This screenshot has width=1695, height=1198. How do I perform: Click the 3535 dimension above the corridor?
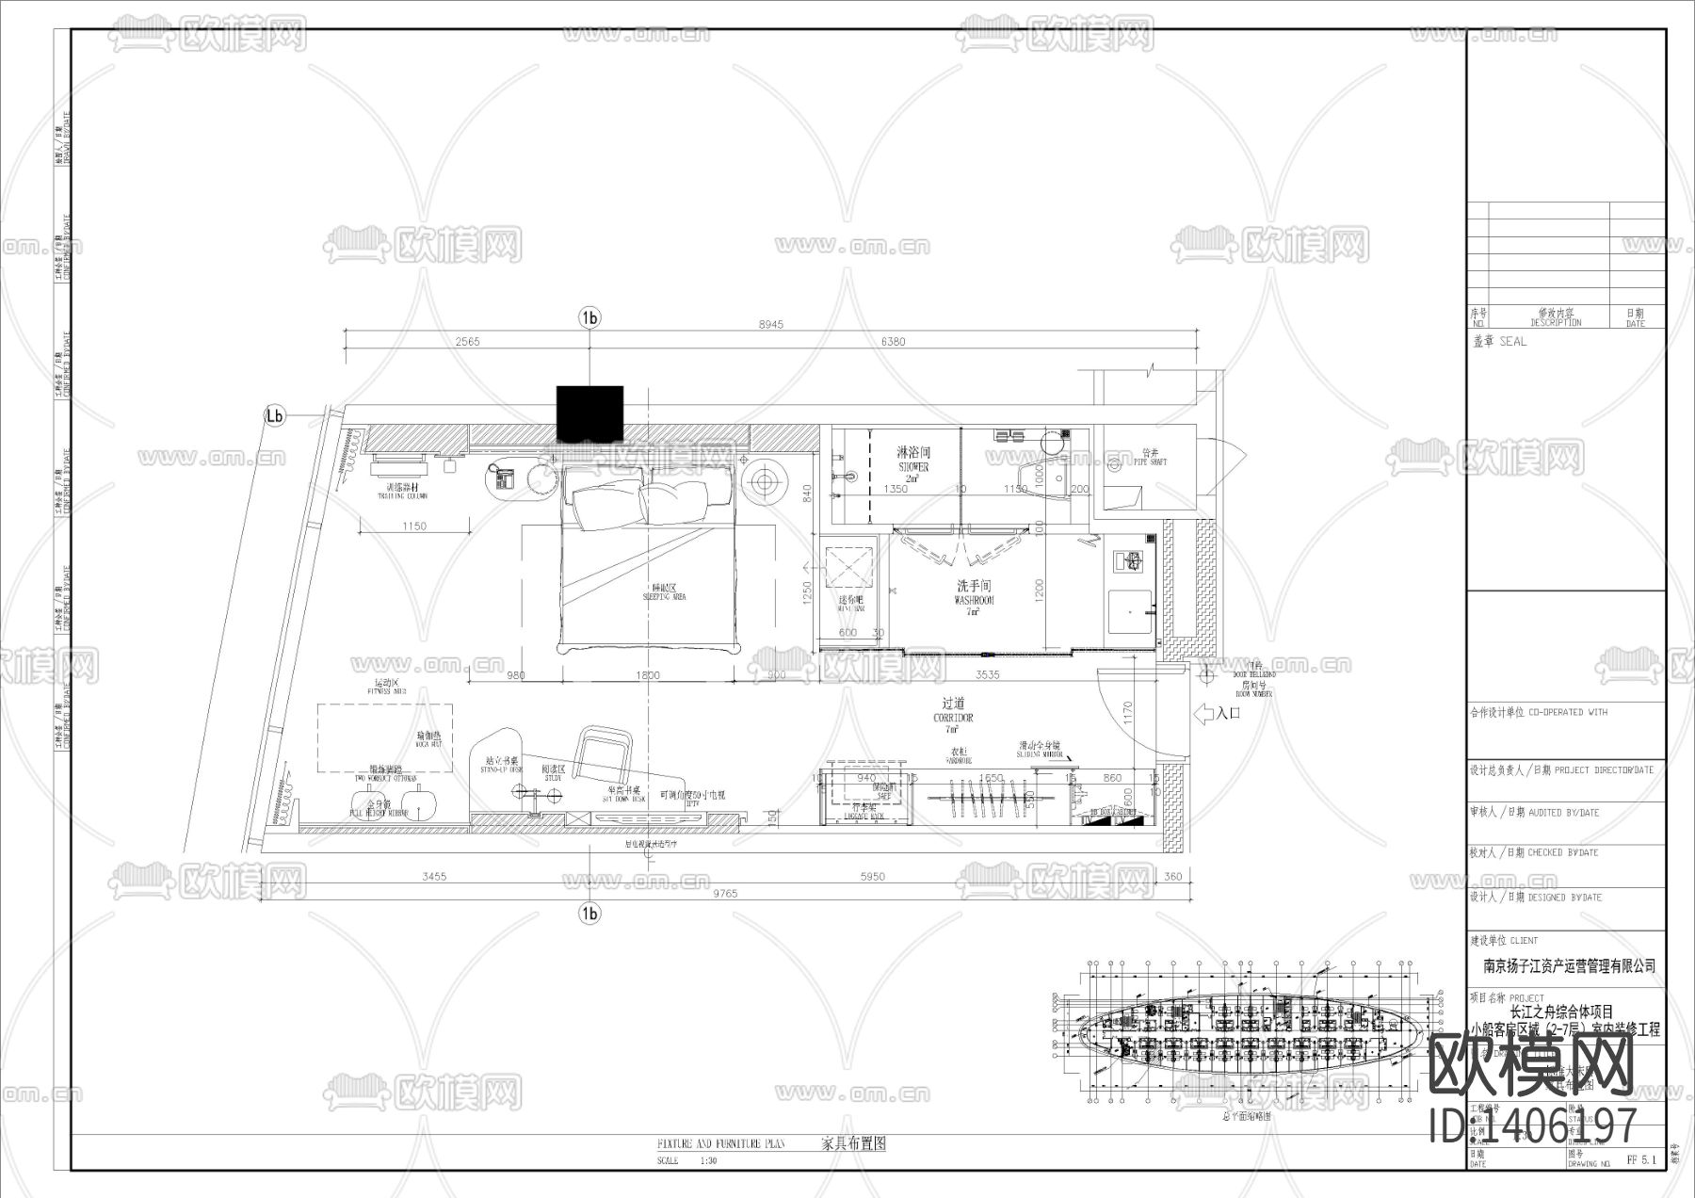[987, 674]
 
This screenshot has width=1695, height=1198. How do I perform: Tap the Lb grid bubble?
[274, 415]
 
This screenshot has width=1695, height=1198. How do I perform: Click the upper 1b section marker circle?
[589, 318]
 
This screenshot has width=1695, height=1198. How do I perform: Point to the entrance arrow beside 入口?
[1203, 714]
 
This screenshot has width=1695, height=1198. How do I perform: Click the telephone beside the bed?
[502, 479]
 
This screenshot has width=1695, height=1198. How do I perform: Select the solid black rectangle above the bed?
[589, 413]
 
